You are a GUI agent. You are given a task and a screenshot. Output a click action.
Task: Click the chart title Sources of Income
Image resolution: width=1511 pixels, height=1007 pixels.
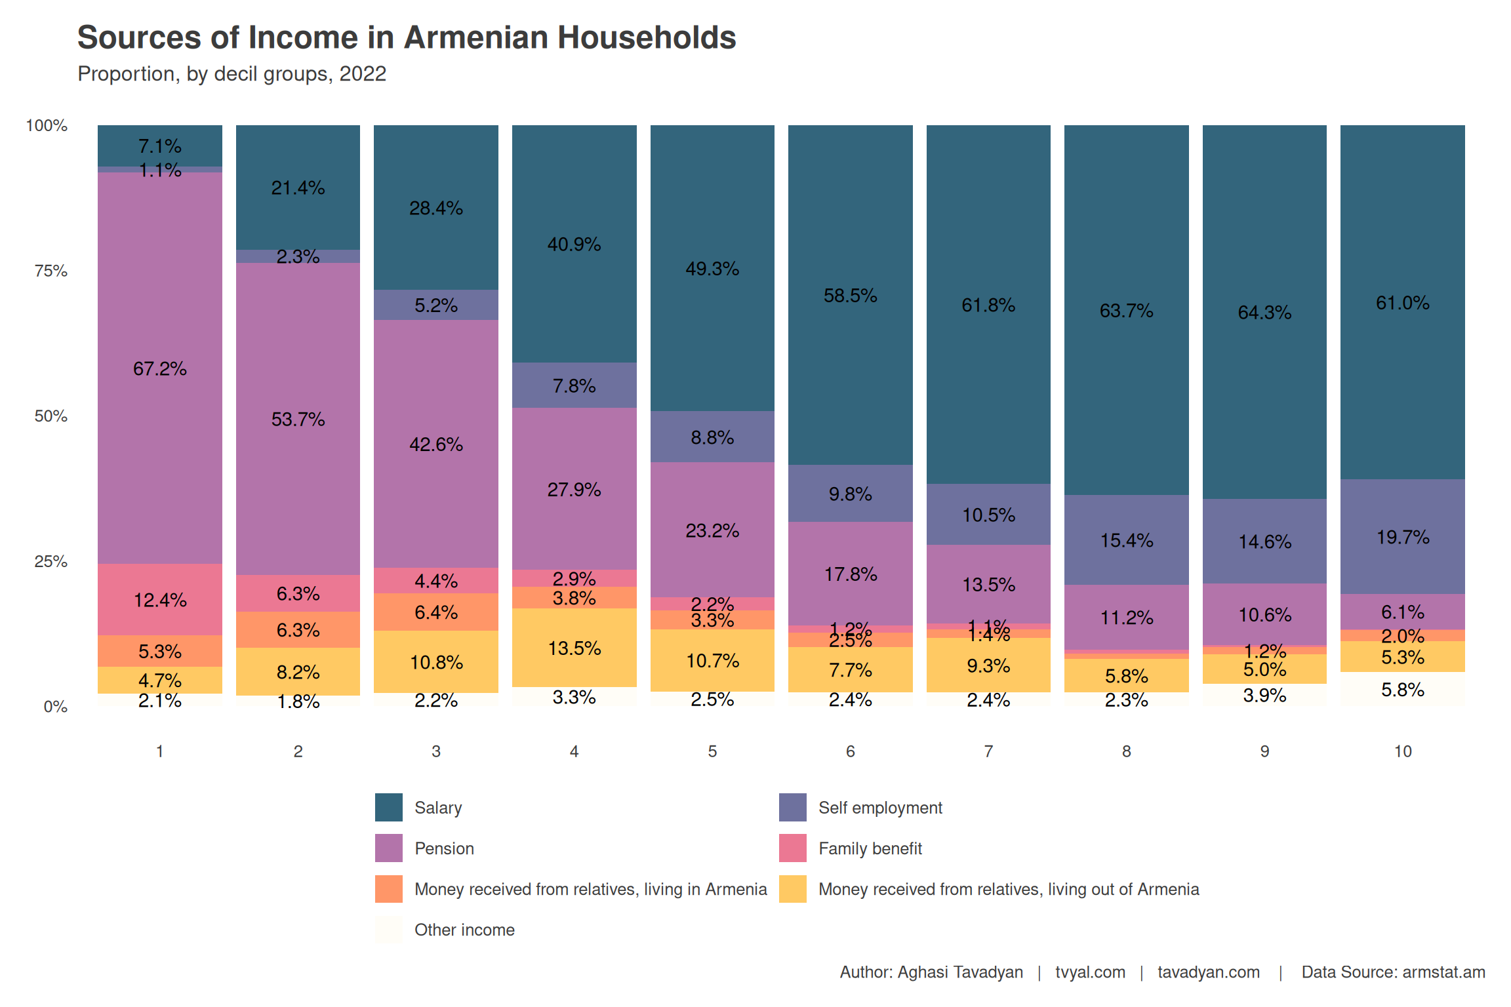[407, 37]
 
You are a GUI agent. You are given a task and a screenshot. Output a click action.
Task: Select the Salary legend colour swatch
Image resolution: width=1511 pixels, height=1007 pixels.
[388, 807]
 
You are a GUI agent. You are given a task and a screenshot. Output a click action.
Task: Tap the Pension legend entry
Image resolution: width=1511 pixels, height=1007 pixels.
[444, 848]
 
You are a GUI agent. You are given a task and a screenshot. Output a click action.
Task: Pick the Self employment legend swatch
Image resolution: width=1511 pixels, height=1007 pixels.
[792, 807]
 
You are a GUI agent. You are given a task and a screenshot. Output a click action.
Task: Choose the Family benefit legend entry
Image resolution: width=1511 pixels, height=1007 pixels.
[870, 848]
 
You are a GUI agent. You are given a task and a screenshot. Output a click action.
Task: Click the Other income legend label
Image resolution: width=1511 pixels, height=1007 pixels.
[464, 930]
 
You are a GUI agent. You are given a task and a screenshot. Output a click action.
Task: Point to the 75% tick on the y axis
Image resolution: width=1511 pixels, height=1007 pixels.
[51, 271]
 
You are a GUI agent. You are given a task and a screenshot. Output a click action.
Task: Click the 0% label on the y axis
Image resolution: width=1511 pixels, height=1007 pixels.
[56, 707]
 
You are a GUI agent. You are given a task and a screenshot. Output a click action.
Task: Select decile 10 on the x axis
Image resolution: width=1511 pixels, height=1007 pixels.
[1402, 751]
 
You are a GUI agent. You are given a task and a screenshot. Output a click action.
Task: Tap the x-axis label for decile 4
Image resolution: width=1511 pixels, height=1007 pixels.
[574, 751]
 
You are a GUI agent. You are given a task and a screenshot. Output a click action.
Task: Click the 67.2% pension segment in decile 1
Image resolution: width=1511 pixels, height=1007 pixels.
[160, 368]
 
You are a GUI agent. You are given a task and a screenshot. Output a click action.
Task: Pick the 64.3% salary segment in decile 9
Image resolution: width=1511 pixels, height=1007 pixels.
[1264, 312]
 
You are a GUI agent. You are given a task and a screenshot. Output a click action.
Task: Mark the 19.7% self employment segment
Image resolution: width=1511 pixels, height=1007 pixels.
[1402, 537]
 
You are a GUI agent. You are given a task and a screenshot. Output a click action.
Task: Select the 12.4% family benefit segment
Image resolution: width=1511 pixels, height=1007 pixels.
[160, 600]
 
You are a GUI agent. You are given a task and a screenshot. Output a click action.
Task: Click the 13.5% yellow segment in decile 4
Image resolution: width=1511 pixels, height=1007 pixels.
[574, 648]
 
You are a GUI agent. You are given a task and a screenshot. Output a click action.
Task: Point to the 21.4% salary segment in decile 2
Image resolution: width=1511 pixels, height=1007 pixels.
[298, 188]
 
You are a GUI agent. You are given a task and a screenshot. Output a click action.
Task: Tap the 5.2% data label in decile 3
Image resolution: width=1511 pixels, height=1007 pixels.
[436, 305]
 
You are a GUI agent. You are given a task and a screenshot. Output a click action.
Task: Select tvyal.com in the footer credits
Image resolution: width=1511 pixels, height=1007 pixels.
[1090, 972]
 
